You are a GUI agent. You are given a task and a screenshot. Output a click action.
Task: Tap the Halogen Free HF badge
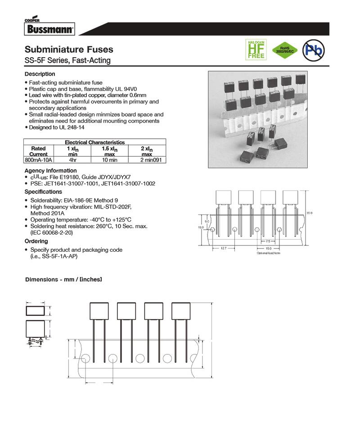coord(255,50)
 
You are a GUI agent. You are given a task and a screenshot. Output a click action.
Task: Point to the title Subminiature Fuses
coord(69,50)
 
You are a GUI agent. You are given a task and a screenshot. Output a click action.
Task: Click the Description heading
coord(40,74)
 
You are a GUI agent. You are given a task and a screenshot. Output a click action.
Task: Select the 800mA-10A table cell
coord(38,160)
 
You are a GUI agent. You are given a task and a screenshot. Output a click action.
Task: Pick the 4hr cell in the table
coord(72,160)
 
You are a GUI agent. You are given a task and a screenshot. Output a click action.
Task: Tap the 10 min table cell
coord(109,160)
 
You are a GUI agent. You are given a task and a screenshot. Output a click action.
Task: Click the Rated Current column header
coord(38,151)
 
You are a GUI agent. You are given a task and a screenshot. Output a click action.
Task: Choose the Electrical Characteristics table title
coord(94,142)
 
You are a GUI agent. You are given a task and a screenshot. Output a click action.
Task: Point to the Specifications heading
coord(43,192)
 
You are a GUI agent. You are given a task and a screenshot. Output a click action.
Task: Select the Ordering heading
coord(36,241)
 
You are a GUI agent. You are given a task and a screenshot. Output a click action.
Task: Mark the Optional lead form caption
coord(268,253)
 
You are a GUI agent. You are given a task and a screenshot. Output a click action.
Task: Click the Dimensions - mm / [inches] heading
coord(63,280)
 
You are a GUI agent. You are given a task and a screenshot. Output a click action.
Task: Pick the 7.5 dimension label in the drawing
coord(268,241)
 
